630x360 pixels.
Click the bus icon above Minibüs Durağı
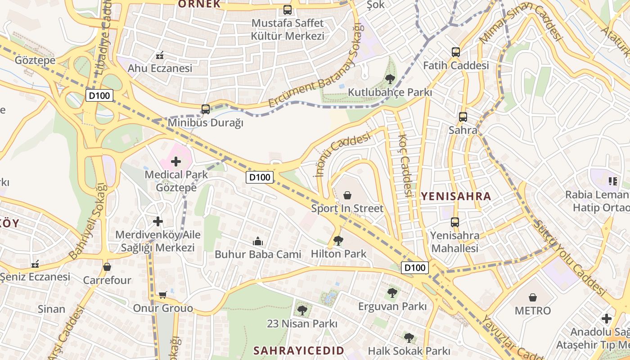pos(206,109)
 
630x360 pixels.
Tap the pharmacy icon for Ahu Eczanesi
pos(159,56)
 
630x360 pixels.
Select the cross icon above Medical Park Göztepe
pos(176,162)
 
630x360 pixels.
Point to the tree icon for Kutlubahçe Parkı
pos(390,80)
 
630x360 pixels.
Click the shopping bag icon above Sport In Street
pos(347,195)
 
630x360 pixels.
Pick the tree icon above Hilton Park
pos(338,241)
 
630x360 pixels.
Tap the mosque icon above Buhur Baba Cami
pos(257,241)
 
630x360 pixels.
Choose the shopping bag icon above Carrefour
pos(107,267)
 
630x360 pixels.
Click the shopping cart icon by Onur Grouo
pos(162,295)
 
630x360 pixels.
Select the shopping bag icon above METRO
pos(533,297)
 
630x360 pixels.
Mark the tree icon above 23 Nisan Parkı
pos(302,310)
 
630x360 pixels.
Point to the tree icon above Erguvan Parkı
pos(392,293)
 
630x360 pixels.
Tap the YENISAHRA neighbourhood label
pos(456,196)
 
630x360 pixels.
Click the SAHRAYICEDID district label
pos(299,351)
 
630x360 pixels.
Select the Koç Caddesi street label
pos(405,166)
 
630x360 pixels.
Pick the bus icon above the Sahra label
pos(463,117)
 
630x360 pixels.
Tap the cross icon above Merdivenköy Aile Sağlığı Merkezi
pos(157,221)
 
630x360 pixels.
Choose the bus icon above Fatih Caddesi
pos(456,52)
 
